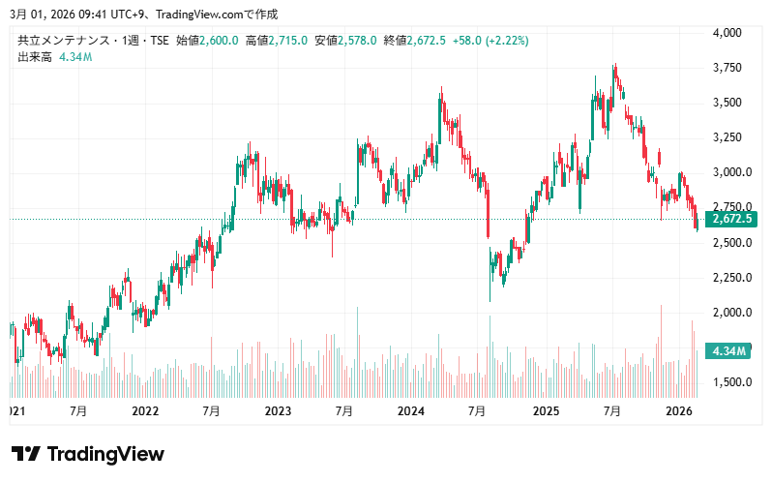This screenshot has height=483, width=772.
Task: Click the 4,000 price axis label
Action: coord(727,33)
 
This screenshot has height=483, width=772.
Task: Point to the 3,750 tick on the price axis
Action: coord(727,68)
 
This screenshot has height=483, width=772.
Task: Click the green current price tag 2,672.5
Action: coord(731,220)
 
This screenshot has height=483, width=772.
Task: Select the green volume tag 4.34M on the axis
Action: coord(728,350)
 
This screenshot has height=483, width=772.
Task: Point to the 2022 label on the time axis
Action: coord(145,411)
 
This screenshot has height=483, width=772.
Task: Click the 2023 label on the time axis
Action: coord(278,411)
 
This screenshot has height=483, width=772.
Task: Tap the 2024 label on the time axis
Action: coord(411,411)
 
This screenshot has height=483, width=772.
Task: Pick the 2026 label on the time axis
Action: coord(679,411)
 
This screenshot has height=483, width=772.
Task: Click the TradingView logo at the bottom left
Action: coord(87,454)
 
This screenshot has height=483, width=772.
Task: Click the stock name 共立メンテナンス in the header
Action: coord(67,41)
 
